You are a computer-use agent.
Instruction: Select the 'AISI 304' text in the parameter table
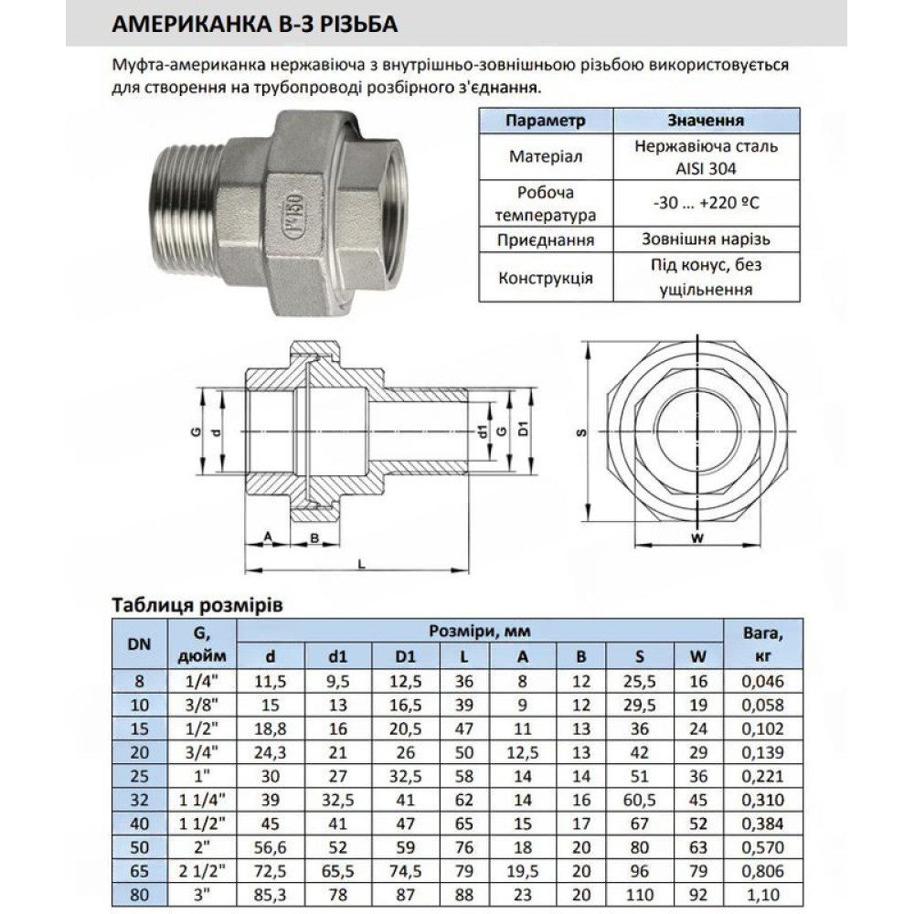706,169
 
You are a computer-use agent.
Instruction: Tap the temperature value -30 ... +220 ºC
706,203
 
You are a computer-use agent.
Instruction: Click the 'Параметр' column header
545,121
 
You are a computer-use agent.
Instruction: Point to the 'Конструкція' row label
546,278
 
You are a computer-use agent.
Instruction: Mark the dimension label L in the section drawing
361,564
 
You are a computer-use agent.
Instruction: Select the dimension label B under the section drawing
314,537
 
